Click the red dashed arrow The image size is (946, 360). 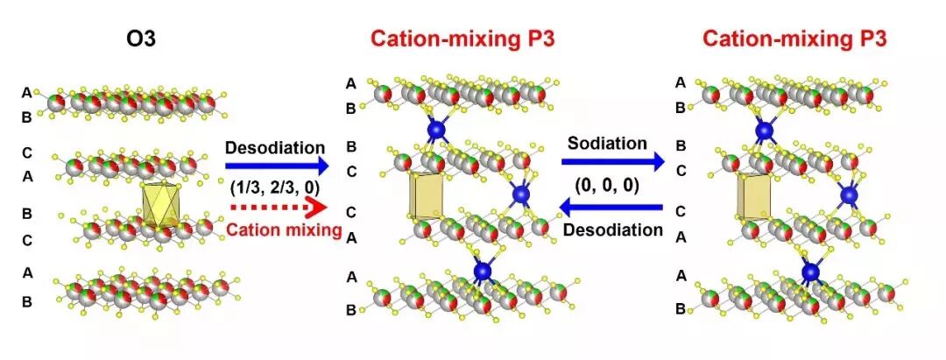(275, 207)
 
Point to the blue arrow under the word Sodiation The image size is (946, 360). (613, 162)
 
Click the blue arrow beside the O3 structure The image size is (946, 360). (275, 164)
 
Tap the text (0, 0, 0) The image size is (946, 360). (613, 185)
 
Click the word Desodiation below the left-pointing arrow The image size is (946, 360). (613, 230)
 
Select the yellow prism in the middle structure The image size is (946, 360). (427, 198)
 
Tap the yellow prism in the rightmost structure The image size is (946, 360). (754, 198)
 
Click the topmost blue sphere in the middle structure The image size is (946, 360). (436, 131)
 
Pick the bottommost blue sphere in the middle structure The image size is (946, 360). (483, 272)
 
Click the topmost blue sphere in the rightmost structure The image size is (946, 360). (766, 131)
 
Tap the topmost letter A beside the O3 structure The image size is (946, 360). (27, 92)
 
